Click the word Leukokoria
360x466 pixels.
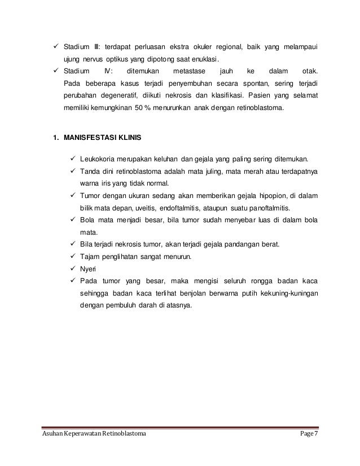[99, 159]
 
